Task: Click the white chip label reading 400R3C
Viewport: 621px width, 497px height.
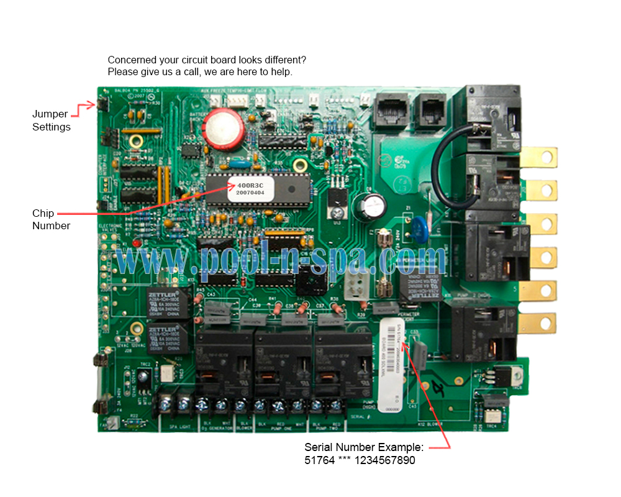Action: pos(250,188)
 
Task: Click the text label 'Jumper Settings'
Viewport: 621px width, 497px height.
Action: pos(51,121)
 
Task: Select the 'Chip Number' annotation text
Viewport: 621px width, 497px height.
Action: pos(51,219)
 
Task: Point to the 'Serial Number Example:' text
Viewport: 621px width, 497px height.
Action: pos(364,447)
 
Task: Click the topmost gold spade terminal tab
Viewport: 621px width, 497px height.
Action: pos(539,157)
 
